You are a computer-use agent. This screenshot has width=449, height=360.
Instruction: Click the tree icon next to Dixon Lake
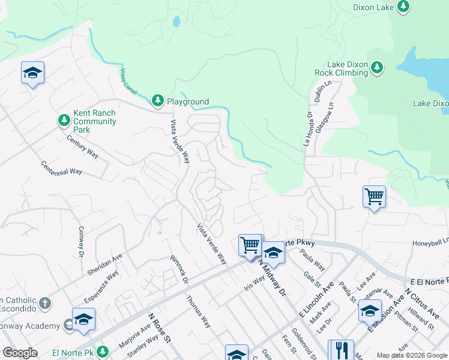click(404, 7)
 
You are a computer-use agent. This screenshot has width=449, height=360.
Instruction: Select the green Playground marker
click(157, 101)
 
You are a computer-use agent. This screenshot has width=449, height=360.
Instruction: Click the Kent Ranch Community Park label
click(94, 121)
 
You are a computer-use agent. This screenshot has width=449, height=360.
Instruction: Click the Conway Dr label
click(81, 241)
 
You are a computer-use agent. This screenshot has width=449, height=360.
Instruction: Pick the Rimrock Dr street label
click(179, 270)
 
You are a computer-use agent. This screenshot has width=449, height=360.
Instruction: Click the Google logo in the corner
click(20, 353)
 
